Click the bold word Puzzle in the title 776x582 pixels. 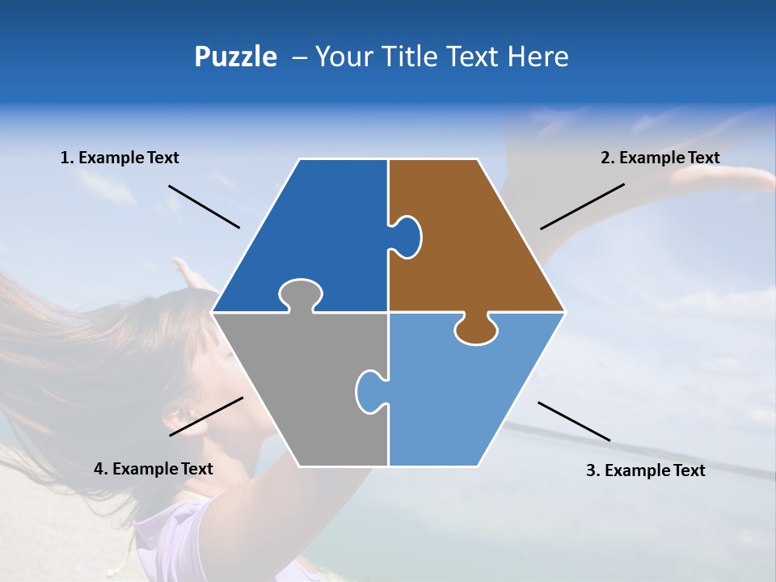(235, 57)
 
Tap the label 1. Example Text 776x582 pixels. (120, 158)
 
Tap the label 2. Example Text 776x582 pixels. (660, 158)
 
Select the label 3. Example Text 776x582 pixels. (645, 470)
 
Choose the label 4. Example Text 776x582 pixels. (154, 469)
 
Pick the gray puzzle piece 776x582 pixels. (299, 388)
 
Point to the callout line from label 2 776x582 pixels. (582, 206)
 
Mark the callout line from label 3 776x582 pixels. (574, 421)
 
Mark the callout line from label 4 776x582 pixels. (206, 416)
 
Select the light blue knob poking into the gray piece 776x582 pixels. (369, 391)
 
